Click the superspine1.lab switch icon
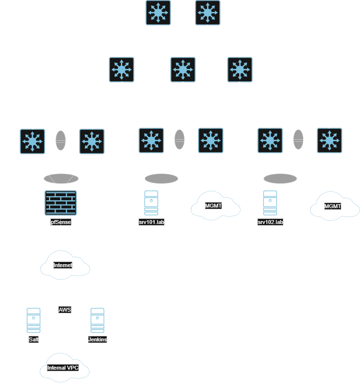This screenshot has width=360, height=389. point(158,12)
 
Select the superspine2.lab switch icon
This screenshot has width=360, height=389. point(208,12)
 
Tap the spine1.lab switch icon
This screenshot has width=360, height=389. point(121,69)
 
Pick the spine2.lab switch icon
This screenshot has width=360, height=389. point(183,69)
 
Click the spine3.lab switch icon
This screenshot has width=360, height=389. point(240,69)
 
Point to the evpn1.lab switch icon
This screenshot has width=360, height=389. point(33,141)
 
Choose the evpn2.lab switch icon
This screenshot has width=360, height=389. point(92,141)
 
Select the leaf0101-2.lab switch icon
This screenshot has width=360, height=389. point(210,140)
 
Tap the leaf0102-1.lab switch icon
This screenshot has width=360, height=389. point(270,140)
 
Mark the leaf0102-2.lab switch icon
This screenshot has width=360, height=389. point(329,140)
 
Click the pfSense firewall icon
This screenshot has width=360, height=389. point(60,203)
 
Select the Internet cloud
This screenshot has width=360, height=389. point(63,266)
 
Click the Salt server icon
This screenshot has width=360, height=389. point(33,321)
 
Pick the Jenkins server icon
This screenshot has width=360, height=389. point(98,321)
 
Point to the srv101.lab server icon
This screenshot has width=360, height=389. point(152,202)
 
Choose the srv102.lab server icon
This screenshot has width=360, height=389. point(270,202)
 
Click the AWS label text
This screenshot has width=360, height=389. point(65,310)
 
